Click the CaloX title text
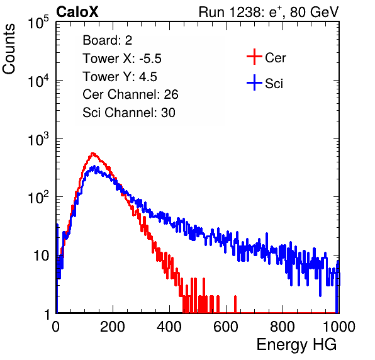point(77,12)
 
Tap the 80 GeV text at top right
point(314,12)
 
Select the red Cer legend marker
point(254,57)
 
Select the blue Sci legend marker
point(254,82)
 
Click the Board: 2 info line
point(108,40)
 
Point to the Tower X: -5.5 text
point(122,59)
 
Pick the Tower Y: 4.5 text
point(120,77)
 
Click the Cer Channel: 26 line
point(130,94)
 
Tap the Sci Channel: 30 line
point(129,113)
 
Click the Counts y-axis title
point(9,49)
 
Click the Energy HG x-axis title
point(296,345)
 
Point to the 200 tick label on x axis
point(113,327)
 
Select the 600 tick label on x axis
point(226,327)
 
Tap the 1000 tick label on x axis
point(339,327)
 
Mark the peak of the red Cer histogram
point(92,153)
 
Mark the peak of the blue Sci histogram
point(94,166)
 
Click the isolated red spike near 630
point(235,304)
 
